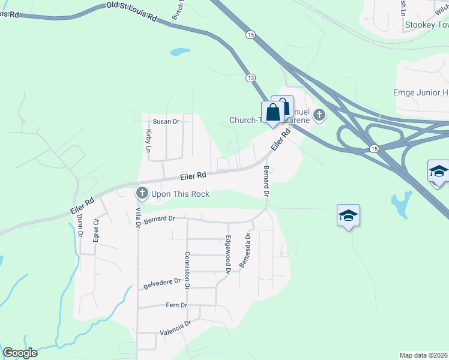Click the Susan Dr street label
(x=166, y=121)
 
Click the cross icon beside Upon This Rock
(x=142, y=193)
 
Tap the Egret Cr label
(x=96, y=230)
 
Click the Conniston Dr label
(x=187, y=271)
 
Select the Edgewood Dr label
(x=228, y=254)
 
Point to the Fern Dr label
(x=176, y=305)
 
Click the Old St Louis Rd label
(x=131, y=12)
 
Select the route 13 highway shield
(x=250, y=78)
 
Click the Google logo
(x=20, y=353)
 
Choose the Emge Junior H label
(x=420, y=92)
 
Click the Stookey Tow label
(x=427, y=25)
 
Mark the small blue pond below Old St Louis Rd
(x=179, y=52)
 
